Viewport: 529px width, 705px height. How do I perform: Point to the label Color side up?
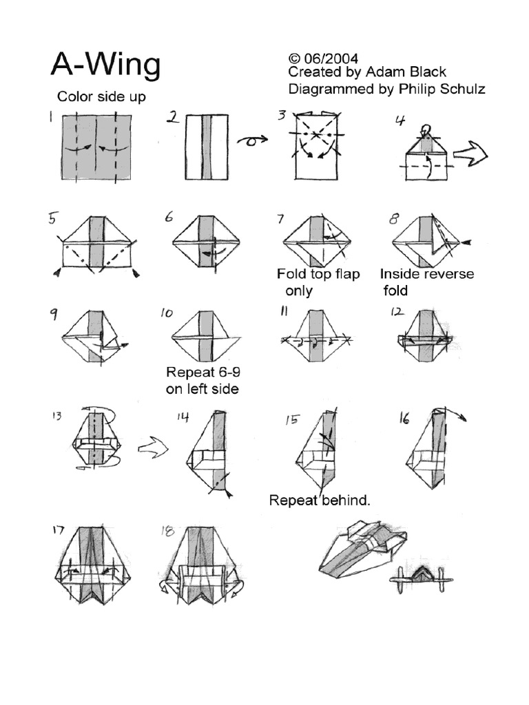click(x=101, y=96)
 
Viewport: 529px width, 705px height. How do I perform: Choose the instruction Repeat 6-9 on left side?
click(x=203, y=380)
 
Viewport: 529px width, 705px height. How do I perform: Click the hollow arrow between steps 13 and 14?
click(x=153, y=448)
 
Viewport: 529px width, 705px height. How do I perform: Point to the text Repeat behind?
click(x=320, y=501)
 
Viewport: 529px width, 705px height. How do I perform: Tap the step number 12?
click(x=397, y=311)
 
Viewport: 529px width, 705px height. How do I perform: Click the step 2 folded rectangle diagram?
click(x=207, y=147)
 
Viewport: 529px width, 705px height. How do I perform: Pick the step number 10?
click(x=167, y=313)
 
